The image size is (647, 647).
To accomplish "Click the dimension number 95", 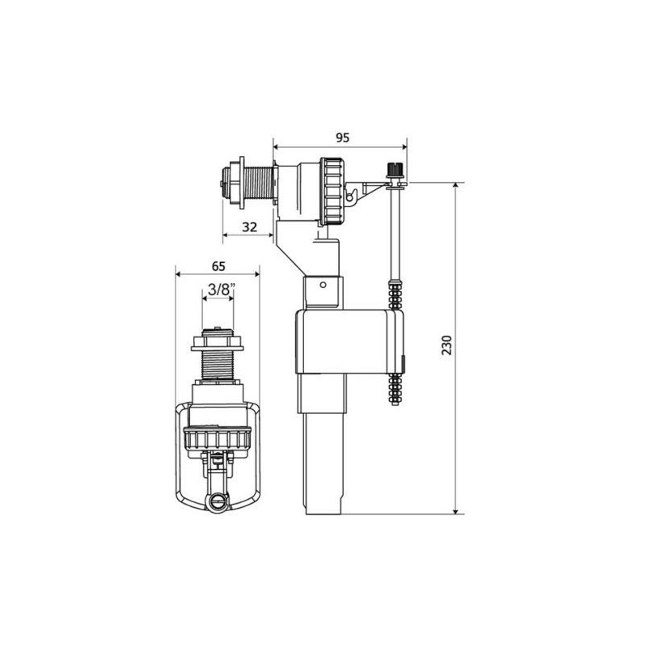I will [x=342, y=137].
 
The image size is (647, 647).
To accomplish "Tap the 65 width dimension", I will [x=218, y=264].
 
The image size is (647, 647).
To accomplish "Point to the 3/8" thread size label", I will [x=218, y=288].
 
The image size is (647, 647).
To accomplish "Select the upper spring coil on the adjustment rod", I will [x=395, y=292].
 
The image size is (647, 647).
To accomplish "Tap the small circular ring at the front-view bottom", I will [x=216, y=501].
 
